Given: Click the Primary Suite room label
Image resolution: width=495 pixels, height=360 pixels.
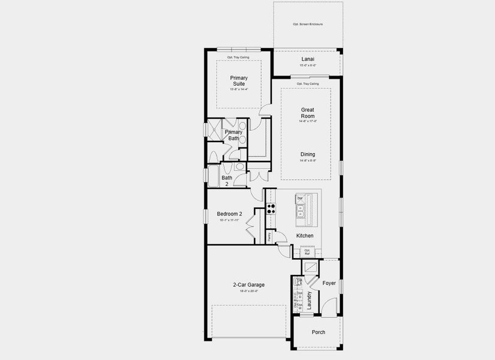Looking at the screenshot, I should [239, 80].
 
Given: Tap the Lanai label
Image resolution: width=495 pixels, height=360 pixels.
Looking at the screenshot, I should [308, 59].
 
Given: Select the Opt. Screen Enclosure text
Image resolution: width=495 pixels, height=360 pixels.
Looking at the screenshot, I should [308, 24].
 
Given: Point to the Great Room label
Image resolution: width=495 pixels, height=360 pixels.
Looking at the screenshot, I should [308, 113].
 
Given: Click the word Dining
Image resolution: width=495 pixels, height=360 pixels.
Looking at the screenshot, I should [308, 154].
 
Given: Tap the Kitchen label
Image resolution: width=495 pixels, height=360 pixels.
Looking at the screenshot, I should [305, 236].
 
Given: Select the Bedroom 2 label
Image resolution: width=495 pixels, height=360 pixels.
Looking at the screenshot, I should [229, 214].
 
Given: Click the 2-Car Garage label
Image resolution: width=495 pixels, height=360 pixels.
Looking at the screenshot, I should [248, 285].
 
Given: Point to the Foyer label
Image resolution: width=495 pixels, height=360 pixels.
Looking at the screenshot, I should [329, 283].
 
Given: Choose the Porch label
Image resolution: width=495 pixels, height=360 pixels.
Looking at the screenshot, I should [318, 332].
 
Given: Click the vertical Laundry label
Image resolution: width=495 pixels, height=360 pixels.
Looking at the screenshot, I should [310, 299].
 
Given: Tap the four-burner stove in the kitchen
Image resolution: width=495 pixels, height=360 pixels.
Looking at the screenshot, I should [271, 209].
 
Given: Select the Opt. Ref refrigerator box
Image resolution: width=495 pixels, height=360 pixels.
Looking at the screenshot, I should [307, 252].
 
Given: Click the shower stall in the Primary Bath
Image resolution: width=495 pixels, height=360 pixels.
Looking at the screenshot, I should [213, 128].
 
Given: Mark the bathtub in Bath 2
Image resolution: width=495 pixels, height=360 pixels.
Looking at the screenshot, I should [213, 175].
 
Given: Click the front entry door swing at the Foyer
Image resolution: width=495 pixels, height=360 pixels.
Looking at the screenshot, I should [328, 307].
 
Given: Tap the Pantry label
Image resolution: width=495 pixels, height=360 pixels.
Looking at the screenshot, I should [269, 237].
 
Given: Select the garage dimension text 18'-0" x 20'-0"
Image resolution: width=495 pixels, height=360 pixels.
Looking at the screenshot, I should [248, 292].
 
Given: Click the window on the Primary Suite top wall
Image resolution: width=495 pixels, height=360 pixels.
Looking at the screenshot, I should [238, 49].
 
